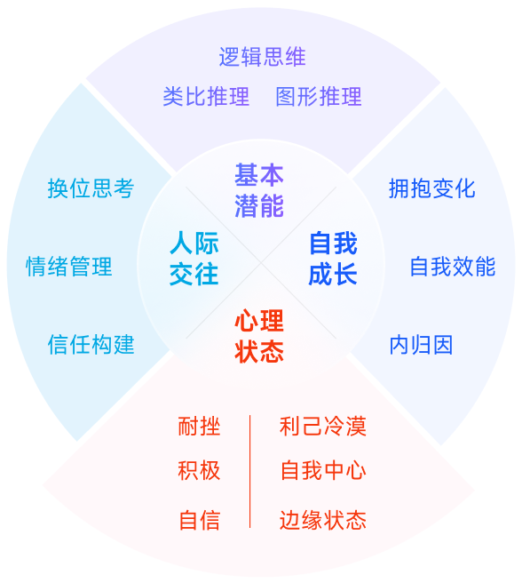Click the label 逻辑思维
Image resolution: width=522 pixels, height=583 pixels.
coord(262,57)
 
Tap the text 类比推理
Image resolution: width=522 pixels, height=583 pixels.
coord(206,96)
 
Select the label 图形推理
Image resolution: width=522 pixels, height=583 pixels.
coord(319,96)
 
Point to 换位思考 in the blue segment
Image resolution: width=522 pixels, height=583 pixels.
coord(91,188)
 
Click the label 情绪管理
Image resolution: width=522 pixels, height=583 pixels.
coord(69,266)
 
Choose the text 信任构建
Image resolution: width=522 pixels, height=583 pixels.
coord(91,344)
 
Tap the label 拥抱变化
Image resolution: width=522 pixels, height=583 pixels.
coord(432,188)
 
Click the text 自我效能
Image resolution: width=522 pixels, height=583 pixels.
coord(453,266)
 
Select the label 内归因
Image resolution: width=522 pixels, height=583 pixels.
coord(422,345)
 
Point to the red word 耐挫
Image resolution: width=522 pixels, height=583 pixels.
coord(199,427)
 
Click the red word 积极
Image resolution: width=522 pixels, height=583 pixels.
coord(199,470)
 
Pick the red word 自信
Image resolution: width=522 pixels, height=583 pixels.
coord(199,520)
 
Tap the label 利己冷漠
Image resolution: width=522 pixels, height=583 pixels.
coord(323,427)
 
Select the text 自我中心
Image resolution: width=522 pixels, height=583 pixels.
coord(323,470)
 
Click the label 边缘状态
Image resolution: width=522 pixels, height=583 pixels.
coord(323,520)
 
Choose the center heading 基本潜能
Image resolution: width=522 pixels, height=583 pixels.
coord(259,189)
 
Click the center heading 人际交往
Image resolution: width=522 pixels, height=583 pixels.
coord(194,258)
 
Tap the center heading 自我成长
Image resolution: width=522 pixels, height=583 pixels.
coord(333,258)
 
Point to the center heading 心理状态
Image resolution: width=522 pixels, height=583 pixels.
coord(259,335)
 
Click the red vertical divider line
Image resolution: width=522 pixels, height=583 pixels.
coord(250,471)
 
